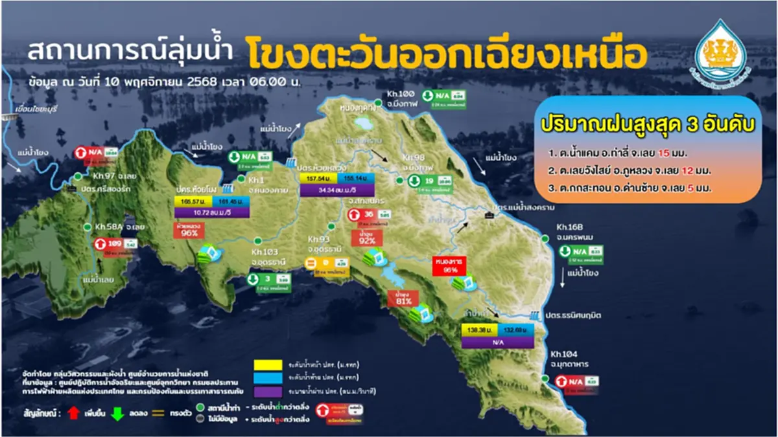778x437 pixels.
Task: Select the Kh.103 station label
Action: (x=265, y=252)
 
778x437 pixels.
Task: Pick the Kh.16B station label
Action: (x=571, y=228)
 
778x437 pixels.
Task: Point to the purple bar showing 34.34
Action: (x=331, y=189)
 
